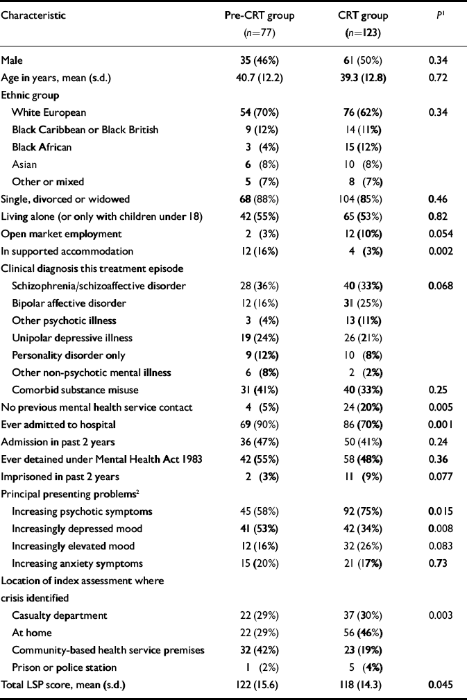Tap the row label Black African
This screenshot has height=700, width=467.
[x=42, y=147]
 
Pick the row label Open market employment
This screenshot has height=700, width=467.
[x=62, y=234]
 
